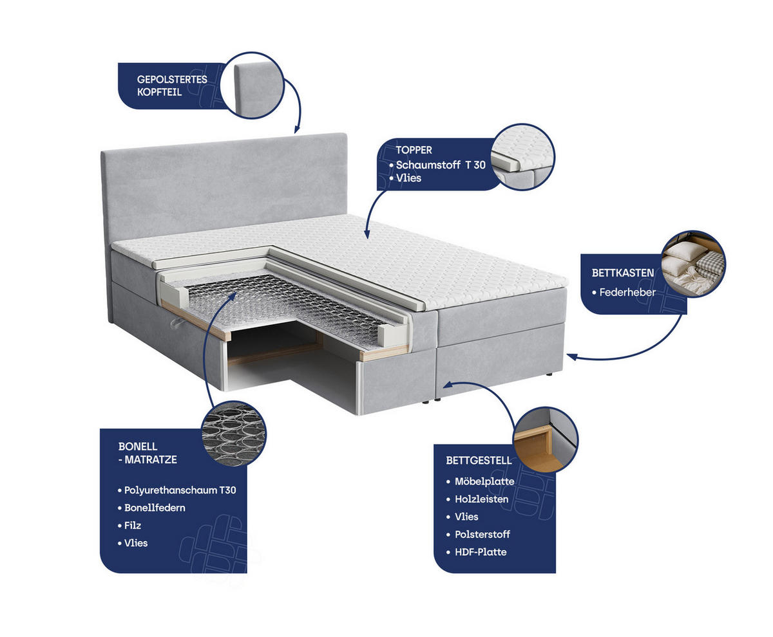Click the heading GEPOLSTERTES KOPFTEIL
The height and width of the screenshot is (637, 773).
pos(172,86)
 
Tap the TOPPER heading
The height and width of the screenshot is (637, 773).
pos(414,150)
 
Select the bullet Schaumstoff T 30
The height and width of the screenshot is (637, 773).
pos(437,165)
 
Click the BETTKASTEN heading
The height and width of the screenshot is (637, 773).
pos(622,273)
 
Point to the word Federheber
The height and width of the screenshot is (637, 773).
pos(627,292)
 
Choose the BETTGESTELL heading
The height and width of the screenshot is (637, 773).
pos(479,460)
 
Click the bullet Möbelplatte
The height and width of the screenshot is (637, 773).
pos(480,481)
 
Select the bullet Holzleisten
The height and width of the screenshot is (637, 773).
pos(477,499)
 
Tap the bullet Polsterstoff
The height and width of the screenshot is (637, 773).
pos(478,534)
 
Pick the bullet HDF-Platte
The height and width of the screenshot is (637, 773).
pos(476,552)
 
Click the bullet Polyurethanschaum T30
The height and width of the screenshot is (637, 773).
pos(177,490)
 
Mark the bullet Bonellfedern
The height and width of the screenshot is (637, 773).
pos(151,508)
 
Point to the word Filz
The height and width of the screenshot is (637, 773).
pos(132,525)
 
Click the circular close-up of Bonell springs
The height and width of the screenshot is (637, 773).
pos(234,433)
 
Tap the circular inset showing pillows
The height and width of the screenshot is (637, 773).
pos(693,264)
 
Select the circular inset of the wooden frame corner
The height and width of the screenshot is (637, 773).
pos(546,439)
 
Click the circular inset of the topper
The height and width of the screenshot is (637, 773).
pos(522,157)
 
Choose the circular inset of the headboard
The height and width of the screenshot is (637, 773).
pos(252,85)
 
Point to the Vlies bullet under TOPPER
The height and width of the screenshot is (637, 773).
pos(405,178)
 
